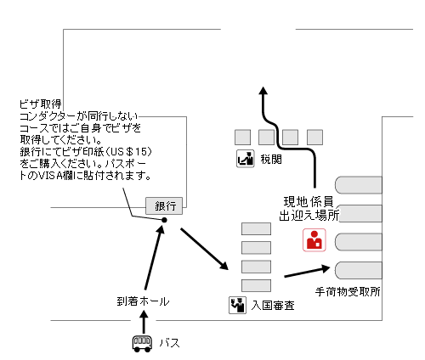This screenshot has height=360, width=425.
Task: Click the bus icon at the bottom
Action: pyautogui.click(x=142, y=344)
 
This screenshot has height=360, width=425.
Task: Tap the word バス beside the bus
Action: pyautogui.click(x=170, y=344)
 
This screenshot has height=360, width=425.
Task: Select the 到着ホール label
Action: pyautogui.click(x=143, y=301)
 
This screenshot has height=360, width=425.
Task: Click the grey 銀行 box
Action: pyautogui.click(x=165, y=205)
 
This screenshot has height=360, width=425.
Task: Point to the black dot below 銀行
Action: pyautogui.click(x=164, y=221)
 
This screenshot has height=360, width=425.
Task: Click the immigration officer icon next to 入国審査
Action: pyautogui.click(x=237, y=303)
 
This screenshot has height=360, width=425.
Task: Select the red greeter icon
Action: pyautogui.click(x=314, y=240)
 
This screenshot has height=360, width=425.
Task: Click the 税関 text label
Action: pyautogui.click(x=271, y=158)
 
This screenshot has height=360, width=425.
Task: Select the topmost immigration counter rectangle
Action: pyautogui.click(x=257, y=228)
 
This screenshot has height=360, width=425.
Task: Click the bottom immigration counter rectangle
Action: pyautogui.click(x=257, y=284)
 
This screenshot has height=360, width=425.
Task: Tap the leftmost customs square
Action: pyautogui.click(x=242, y=136)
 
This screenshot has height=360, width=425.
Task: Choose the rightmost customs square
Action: pyautogui.click(x=315, y=136)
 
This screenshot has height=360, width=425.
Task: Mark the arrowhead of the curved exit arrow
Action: pyautogui.click(x=264, y=90)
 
